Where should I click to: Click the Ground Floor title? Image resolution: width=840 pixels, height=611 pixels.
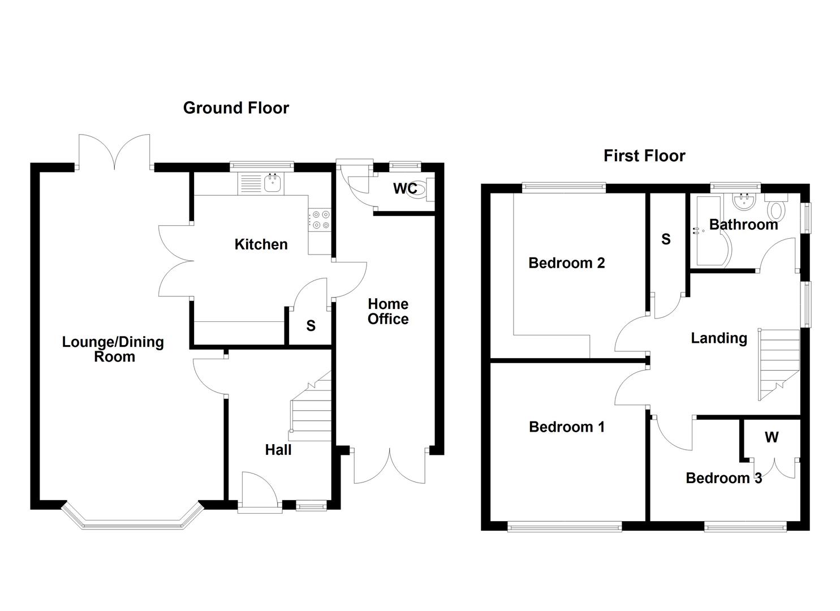tap(236, 108)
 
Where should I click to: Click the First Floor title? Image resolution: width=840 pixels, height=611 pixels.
tap(644, 156)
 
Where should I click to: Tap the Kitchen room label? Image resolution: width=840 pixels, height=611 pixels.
tap(261, 244)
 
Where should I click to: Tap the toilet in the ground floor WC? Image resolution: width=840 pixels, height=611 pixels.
tap(419, 188)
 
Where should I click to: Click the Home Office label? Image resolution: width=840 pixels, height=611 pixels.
tap(388, 312)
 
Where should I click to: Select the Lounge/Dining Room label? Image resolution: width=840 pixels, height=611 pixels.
tap(113, 349)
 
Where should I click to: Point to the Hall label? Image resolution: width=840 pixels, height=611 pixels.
tap(278, 450)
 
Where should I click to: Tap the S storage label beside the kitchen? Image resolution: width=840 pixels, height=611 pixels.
tap(311, 326)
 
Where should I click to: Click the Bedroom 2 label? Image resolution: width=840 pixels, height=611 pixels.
tap(566, 263)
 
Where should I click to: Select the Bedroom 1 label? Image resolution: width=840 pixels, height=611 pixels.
tap(566, 427)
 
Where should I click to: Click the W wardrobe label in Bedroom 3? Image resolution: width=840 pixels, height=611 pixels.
tap(772, 437)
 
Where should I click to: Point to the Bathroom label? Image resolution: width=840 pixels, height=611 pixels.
tap(743, 225)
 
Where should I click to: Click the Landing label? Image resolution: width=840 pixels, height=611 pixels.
tap(719, 338)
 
